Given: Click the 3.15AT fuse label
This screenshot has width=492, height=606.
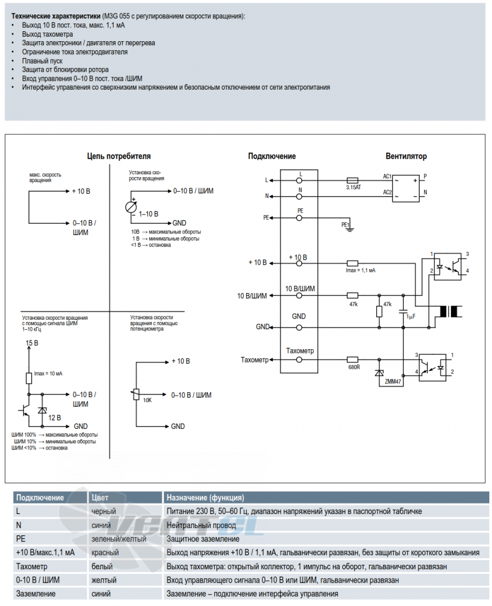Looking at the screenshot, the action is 353,188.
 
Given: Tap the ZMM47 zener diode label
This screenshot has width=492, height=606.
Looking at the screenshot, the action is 393,382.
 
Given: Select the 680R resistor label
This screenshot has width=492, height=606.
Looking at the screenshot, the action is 354,367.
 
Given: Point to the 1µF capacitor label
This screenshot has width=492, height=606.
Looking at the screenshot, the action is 411,316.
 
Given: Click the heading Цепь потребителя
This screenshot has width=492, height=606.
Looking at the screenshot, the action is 119,156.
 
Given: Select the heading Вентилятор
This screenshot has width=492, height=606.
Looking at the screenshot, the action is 406,156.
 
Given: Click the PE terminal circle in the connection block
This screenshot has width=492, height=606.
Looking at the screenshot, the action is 299,218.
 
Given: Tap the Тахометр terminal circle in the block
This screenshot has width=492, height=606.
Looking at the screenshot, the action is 299,360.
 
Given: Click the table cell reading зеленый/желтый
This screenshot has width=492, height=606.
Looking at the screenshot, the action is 119,539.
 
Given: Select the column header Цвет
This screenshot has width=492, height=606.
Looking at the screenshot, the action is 100,498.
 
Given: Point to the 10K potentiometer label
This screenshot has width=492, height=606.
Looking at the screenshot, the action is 147,400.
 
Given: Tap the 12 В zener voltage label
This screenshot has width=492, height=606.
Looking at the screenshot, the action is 55,418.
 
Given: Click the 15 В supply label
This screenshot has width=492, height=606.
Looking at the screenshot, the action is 32,343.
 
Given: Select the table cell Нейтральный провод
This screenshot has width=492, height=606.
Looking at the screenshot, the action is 201,525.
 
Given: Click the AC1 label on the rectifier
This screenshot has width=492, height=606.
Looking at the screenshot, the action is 387,177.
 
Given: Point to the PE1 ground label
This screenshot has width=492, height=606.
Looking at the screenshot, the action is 345,225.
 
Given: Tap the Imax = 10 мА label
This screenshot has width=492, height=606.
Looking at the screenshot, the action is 48,374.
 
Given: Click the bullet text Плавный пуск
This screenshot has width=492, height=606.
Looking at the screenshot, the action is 42,61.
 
